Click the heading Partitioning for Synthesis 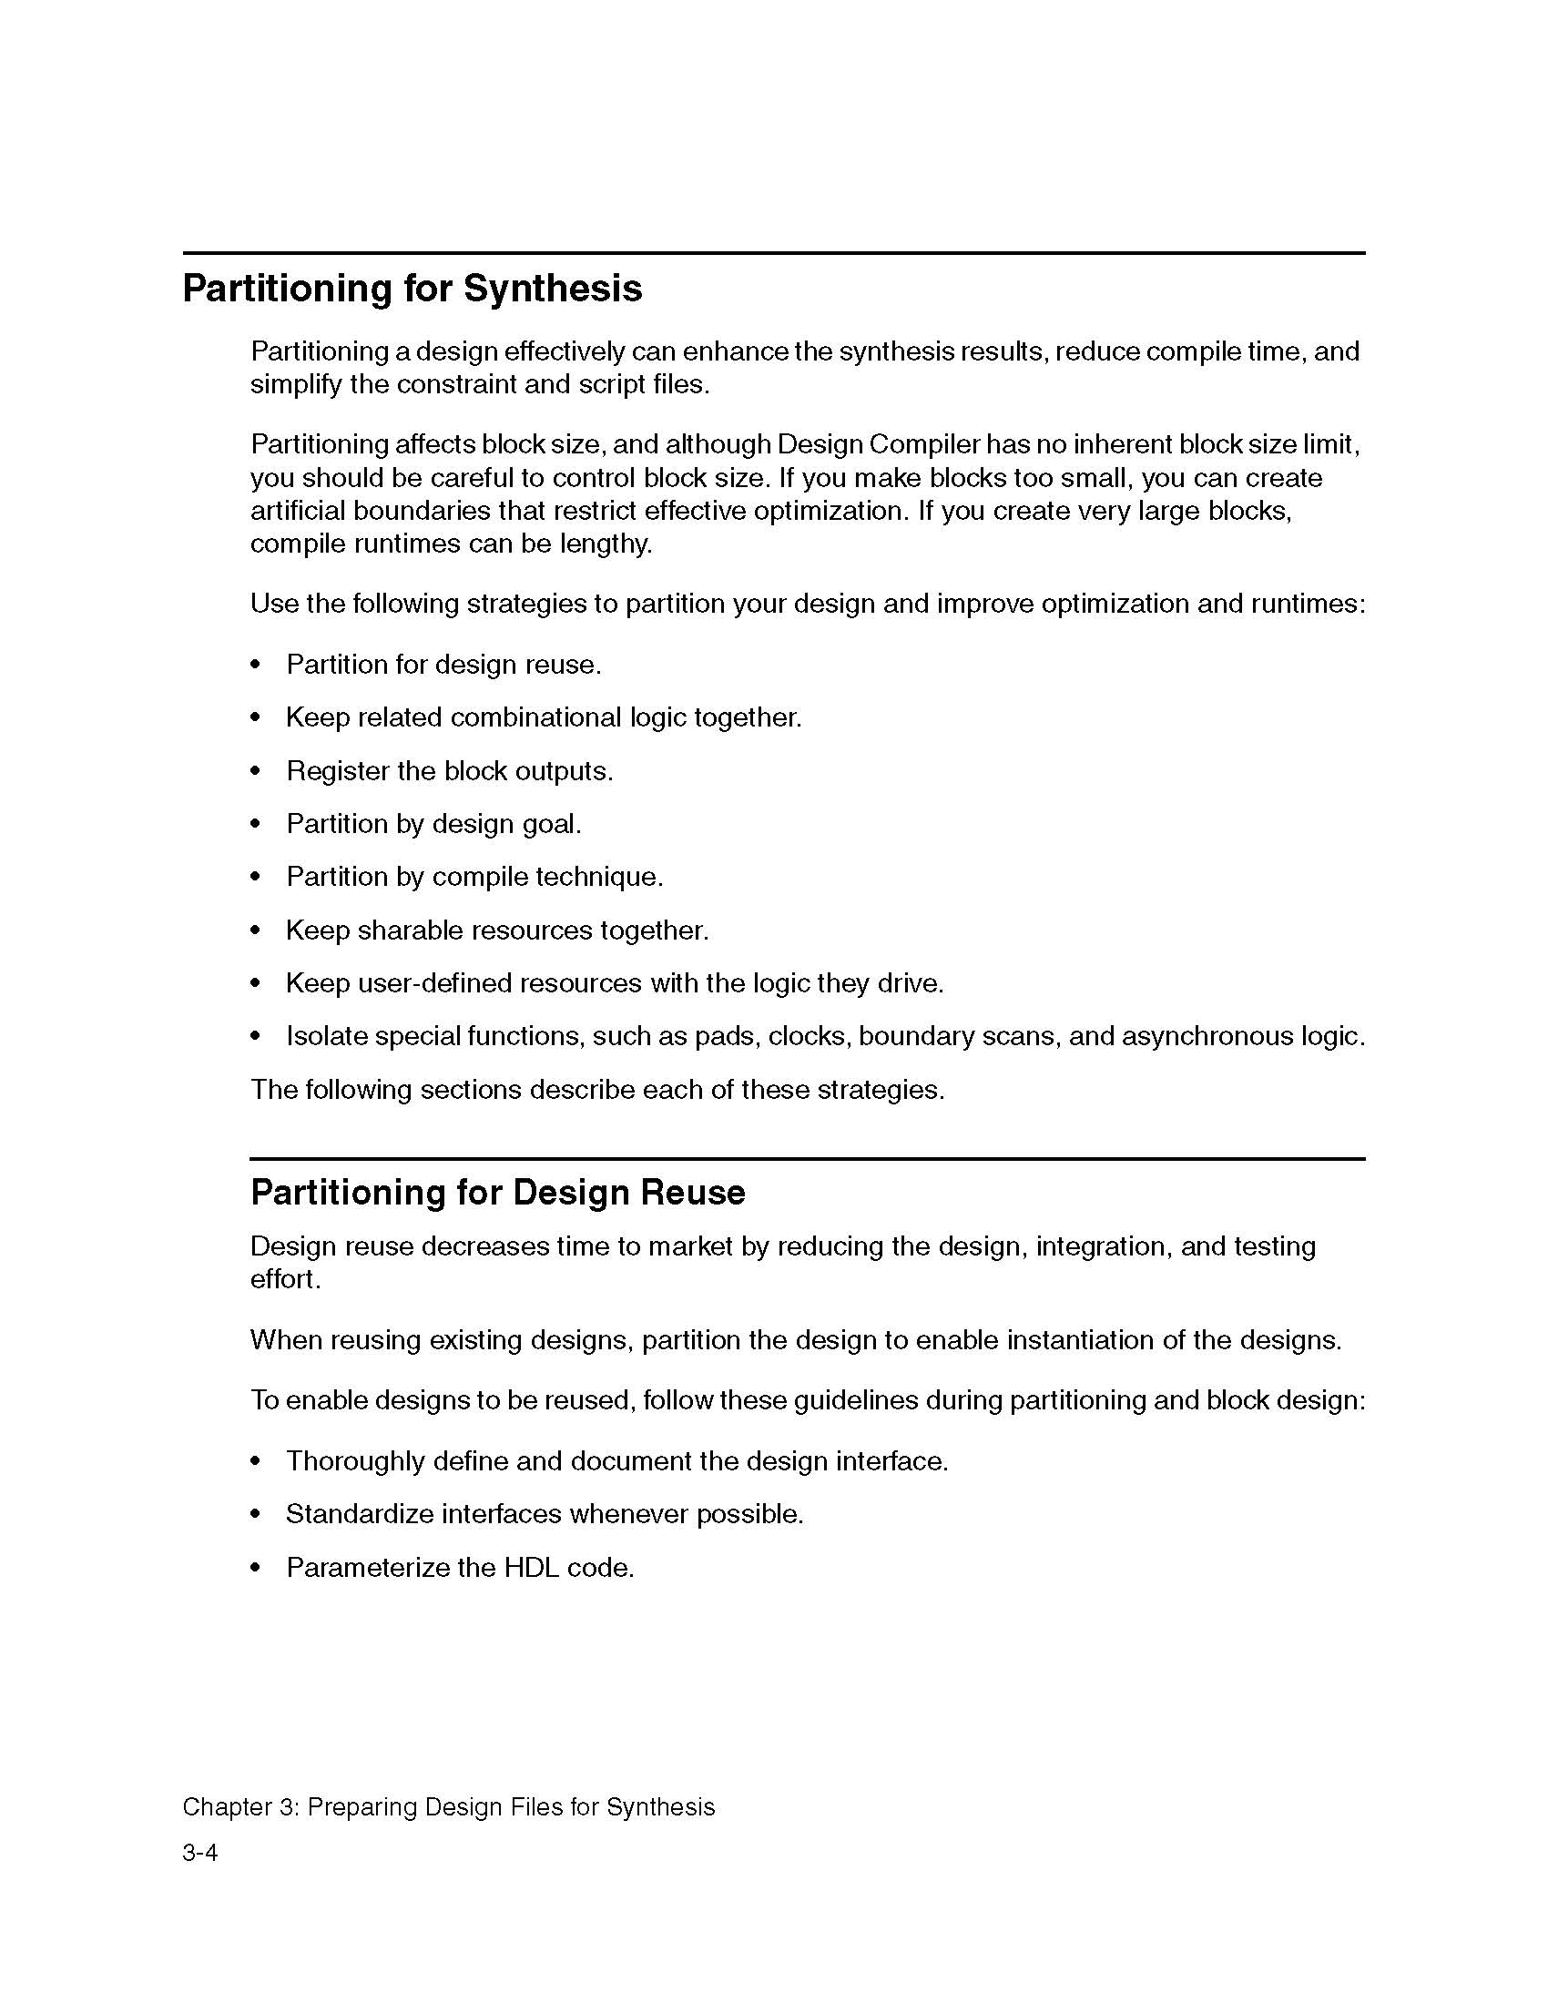[x=412, y=289]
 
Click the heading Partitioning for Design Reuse [x=497, y=1193]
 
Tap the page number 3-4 [x=200, y=1853]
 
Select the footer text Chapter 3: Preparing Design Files [x=447, y=1806]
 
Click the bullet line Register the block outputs [x=449, y=771]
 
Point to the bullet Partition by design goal [x=433, y=825]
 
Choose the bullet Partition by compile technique [x=474, y=878]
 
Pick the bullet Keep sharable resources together [x=497, y=930]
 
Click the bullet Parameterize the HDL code [x=460, y=1568]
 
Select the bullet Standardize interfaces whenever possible [x=545, y=1514]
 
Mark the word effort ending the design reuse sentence [x=283, y=1279]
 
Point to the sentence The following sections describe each [x=597, y=1090]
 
